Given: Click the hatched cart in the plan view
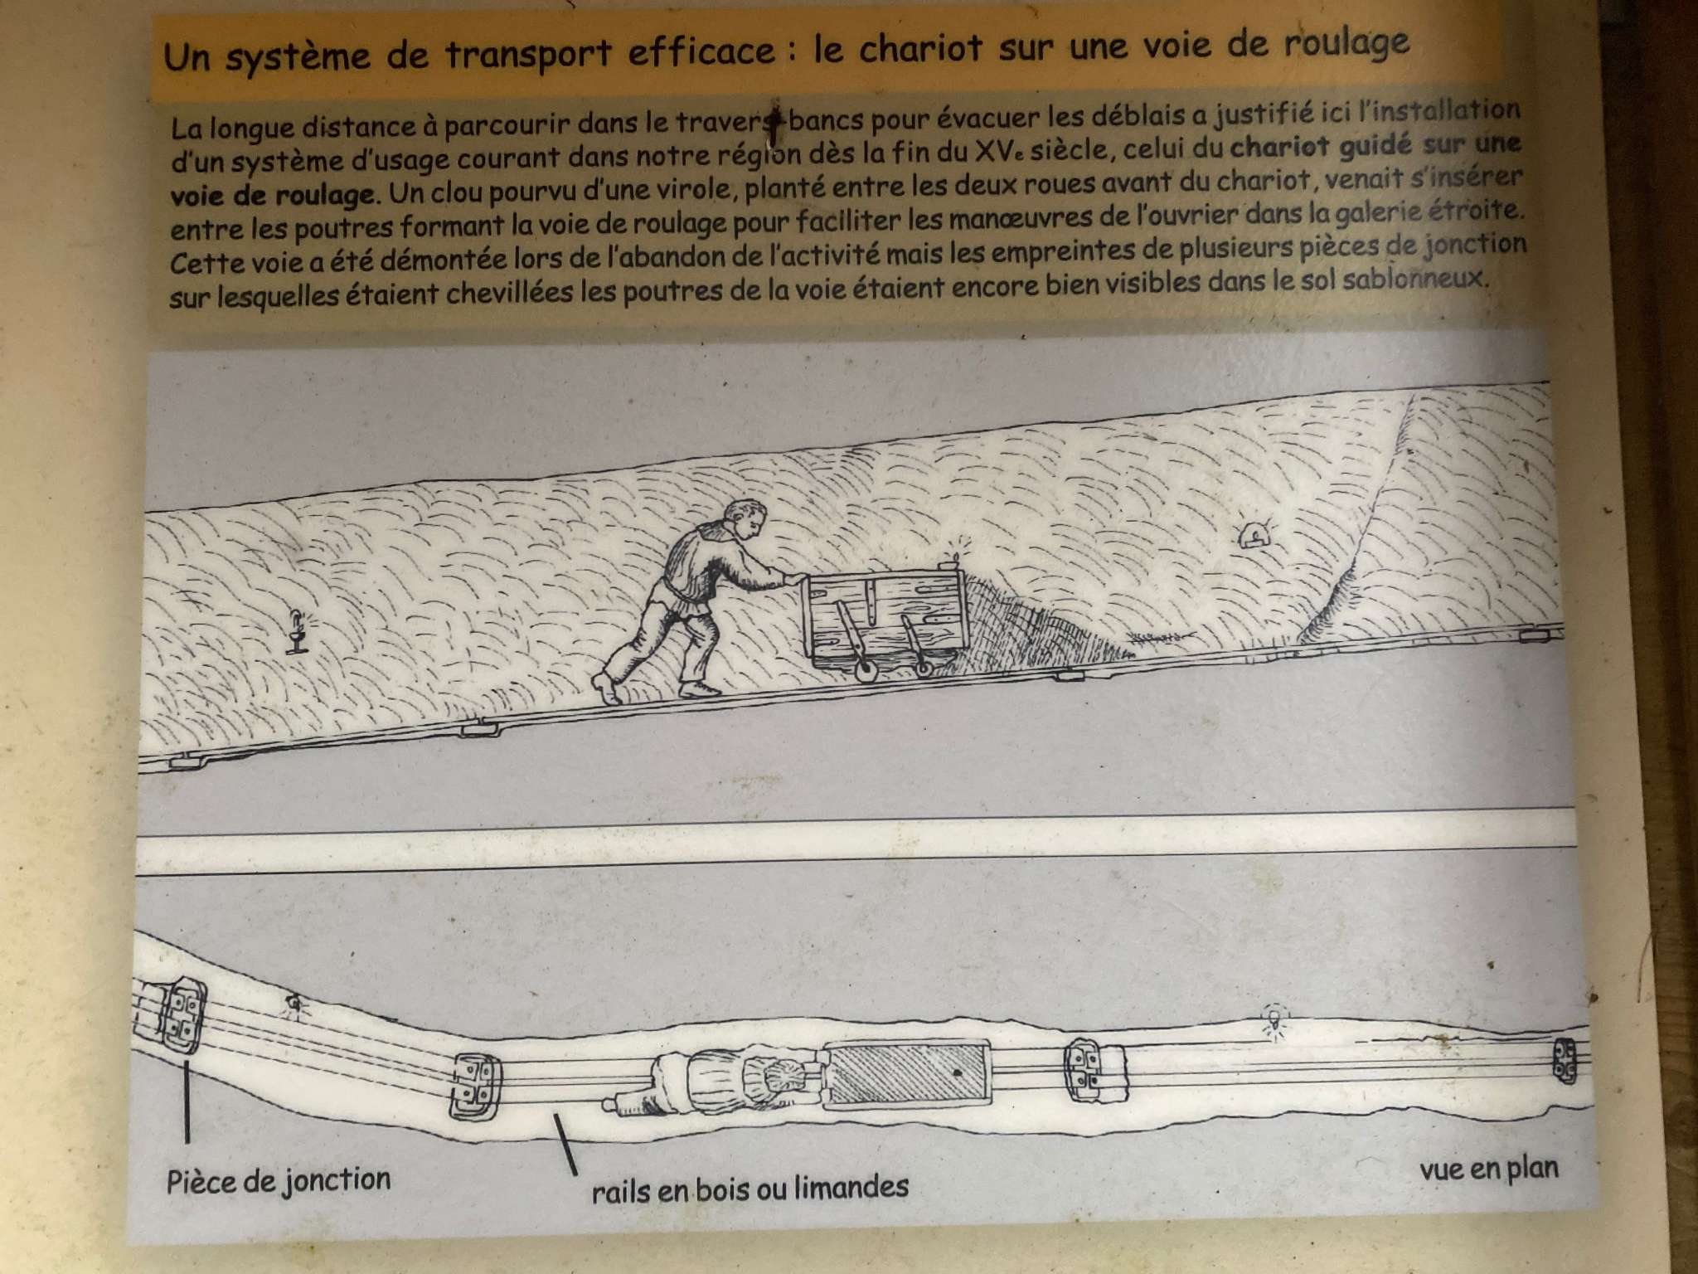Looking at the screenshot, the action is click(908, 1075).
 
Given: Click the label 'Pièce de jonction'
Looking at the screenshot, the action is click(279, 1179).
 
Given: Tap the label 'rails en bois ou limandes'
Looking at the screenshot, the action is click(750, 1188).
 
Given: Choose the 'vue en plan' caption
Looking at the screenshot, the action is click(1489, 1169).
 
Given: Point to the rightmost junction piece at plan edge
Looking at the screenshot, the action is click(1564, 1060).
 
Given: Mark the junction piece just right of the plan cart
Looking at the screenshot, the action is click(1094, 1070).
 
